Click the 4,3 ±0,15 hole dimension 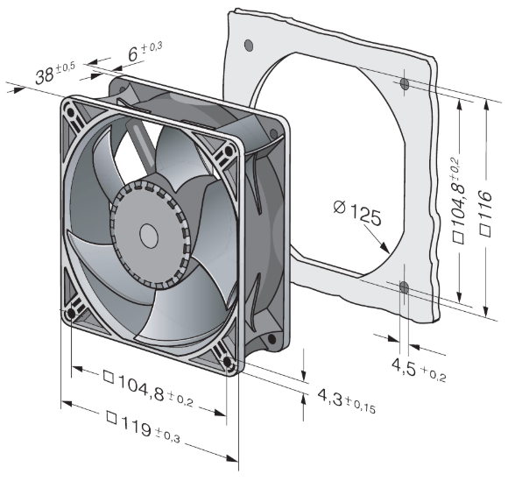tap(346, 400)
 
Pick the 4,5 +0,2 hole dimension tap(419, 370)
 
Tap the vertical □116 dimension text tap(485, 213)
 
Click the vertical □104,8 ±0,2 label tap(459, 200)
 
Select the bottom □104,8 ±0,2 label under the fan tap(148, 387)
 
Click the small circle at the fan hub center tap(149, 236)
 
